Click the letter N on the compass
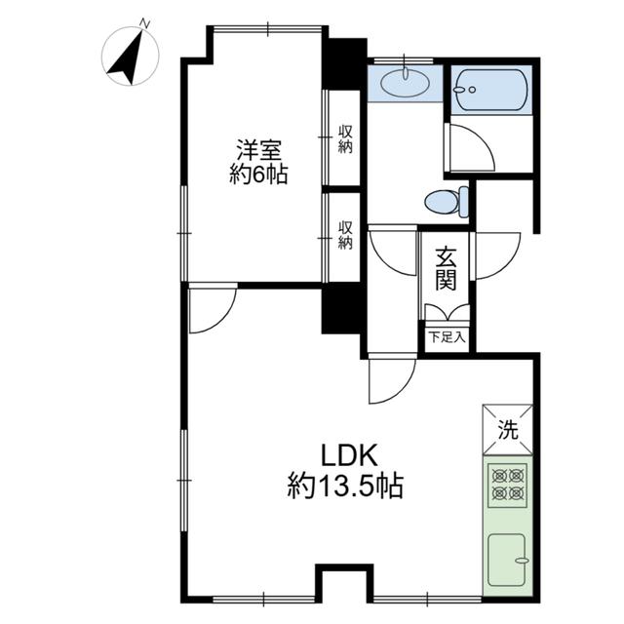pos(145,23)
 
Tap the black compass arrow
pos(126,59)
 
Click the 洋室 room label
pos(259,149)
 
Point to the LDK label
pos(349,456)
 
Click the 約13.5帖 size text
pos(345,486)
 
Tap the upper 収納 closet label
pos(345,139)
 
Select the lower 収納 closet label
pos(345,235)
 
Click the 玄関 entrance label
pos(446,269)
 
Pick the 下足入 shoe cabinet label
pos(447,338)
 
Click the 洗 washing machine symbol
pos(507,430)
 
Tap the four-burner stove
pos(507,485)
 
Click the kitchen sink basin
pos(507,560)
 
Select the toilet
pos(447,202)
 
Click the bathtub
pos(491,90)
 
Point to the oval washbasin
pos(406,83)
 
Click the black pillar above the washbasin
pos(344,63)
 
